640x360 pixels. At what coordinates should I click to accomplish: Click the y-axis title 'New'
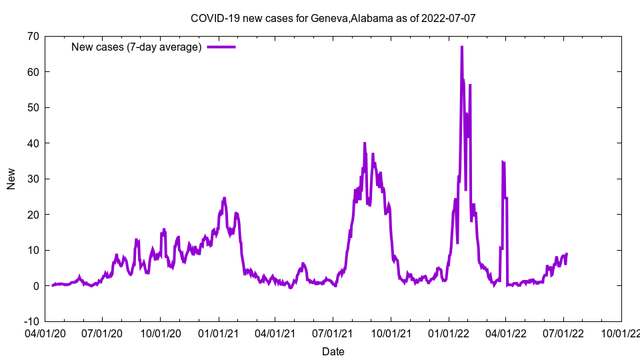11,179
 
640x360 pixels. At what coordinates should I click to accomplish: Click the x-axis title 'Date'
333,351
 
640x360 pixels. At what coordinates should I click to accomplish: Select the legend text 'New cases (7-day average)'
136,47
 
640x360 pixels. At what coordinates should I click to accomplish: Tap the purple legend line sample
221,47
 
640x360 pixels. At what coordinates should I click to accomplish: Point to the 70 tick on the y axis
33,36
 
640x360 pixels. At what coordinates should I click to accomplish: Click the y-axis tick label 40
33,143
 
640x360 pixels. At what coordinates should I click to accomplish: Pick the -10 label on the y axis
31,321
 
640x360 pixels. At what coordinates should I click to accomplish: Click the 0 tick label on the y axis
35,286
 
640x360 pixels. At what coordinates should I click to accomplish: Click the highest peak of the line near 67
461,47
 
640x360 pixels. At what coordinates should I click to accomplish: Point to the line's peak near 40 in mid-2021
365,143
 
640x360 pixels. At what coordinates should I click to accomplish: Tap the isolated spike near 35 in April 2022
503,162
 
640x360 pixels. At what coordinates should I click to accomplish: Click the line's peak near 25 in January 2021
224,198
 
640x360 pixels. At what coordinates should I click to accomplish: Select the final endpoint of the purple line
567,253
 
